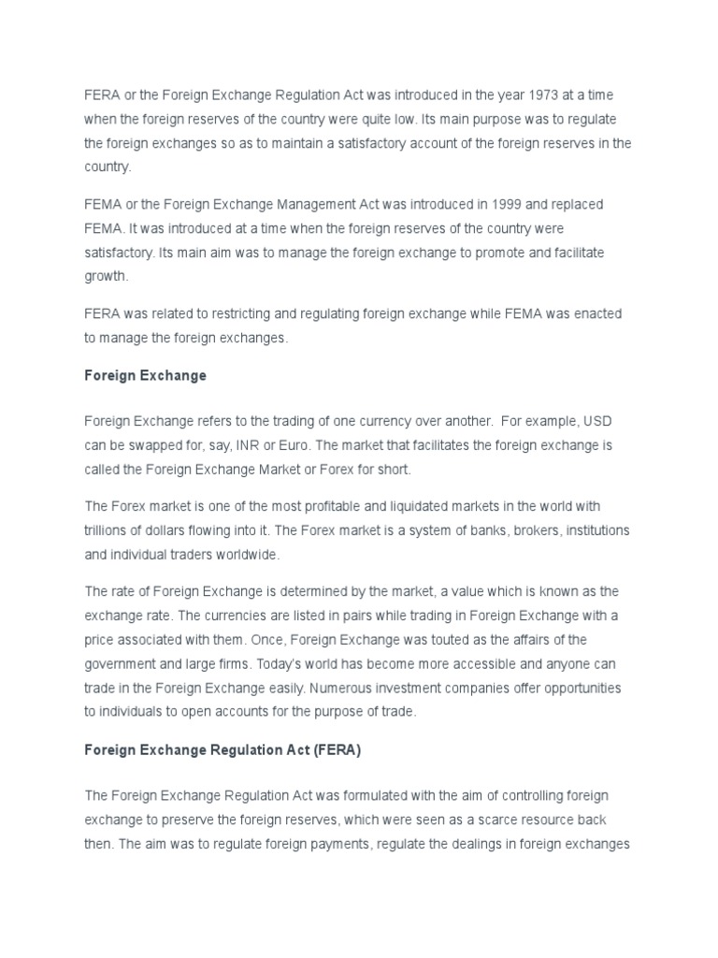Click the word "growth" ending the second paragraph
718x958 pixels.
click(x=105, y=276)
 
